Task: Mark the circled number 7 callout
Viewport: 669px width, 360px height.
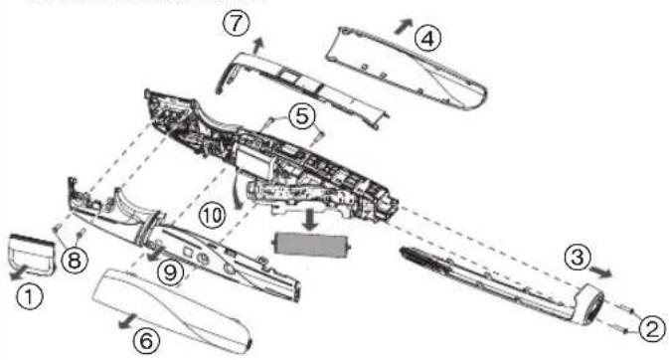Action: coord(235,27)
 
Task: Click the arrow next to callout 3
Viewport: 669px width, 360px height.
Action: coord(603,269)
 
